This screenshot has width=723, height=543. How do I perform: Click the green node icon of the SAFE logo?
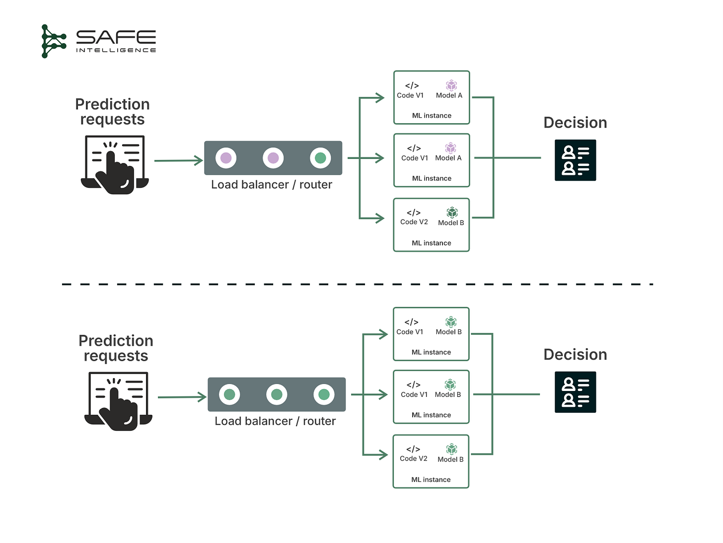53,41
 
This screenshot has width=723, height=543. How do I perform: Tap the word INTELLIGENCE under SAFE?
116,50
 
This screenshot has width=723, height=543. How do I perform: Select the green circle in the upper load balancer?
320,158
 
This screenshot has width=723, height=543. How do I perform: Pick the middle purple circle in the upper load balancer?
273,158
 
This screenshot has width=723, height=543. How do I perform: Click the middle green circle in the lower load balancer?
277,394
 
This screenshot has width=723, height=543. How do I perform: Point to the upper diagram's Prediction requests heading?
112,112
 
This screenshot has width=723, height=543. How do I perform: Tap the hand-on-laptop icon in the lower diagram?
118,401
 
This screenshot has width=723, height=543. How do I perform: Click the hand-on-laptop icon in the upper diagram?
115,164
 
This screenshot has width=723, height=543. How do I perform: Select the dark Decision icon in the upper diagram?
575,160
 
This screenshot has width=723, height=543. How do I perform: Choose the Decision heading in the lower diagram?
575,354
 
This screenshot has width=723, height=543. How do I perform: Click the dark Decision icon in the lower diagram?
575,392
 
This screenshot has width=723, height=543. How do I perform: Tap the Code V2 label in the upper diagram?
414,222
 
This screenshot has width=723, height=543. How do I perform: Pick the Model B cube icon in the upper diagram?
451,213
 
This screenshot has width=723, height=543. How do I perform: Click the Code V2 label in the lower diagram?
413,459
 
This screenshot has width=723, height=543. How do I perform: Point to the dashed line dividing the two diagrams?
358,284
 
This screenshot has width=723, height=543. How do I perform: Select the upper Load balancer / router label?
272,185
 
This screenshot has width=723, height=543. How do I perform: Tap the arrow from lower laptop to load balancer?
181,397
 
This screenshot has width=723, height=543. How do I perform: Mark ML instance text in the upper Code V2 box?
431,243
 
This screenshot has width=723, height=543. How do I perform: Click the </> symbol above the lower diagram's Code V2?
413,449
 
